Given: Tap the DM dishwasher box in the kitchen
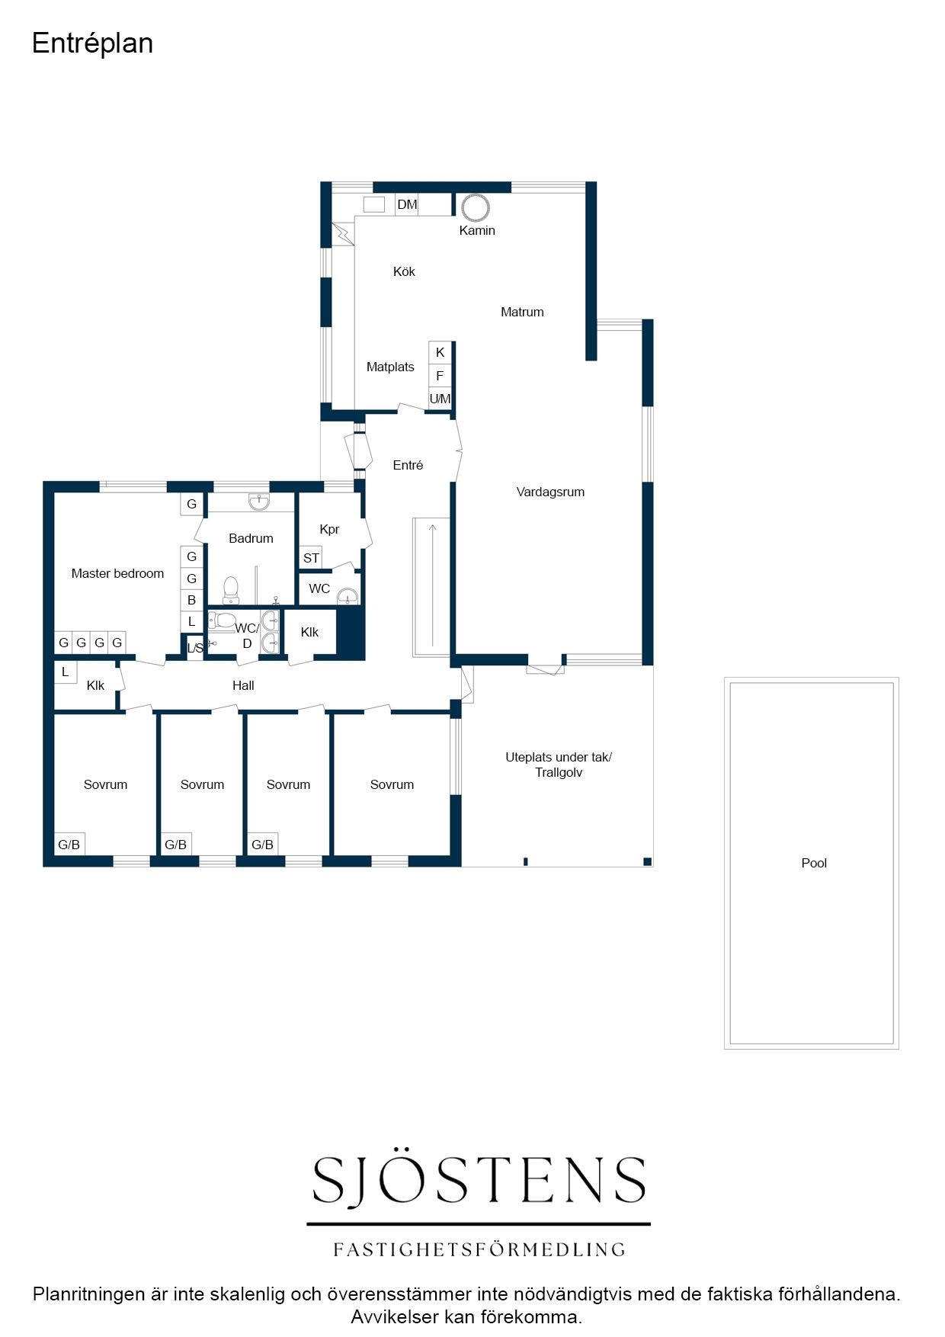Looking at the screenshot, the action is pos(407,204).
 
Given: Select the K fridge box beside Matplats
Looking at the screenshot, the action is pos(440,352).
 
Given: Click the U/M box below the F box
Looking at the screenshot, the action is pos(440,399).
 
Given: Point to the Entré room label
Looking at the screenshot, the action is pos(408,465).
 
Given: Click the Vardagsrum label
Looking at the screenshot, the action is pos(550,492).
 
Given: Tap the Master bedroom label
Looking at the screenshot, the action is pos(117,573).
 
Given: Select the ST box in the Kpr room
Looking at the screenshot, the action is pos(311,558).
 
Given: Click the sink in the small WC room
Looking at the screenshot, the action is pos(348,595).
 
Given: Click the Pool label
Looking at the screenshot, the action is pos(814,863).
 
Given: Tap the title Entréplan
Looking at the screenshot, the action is pos(92,43).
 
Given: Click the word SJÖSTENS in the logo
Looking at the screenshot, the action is pos(479,1180).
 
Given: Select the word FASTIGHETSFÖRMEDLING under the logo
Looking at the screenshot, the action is pos(479,1249).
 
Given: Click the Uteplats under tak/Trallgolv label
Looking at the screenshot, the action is pos(559,765).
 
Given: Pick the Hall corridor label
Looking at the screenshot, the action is pos(243,685).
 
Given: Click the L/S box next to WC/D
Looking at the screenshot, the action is pos(195,648).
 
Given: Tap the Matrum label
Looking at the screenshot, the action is pos(522,312).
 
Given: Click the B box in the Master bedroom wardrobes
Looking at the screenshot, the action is pos(191,600).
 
